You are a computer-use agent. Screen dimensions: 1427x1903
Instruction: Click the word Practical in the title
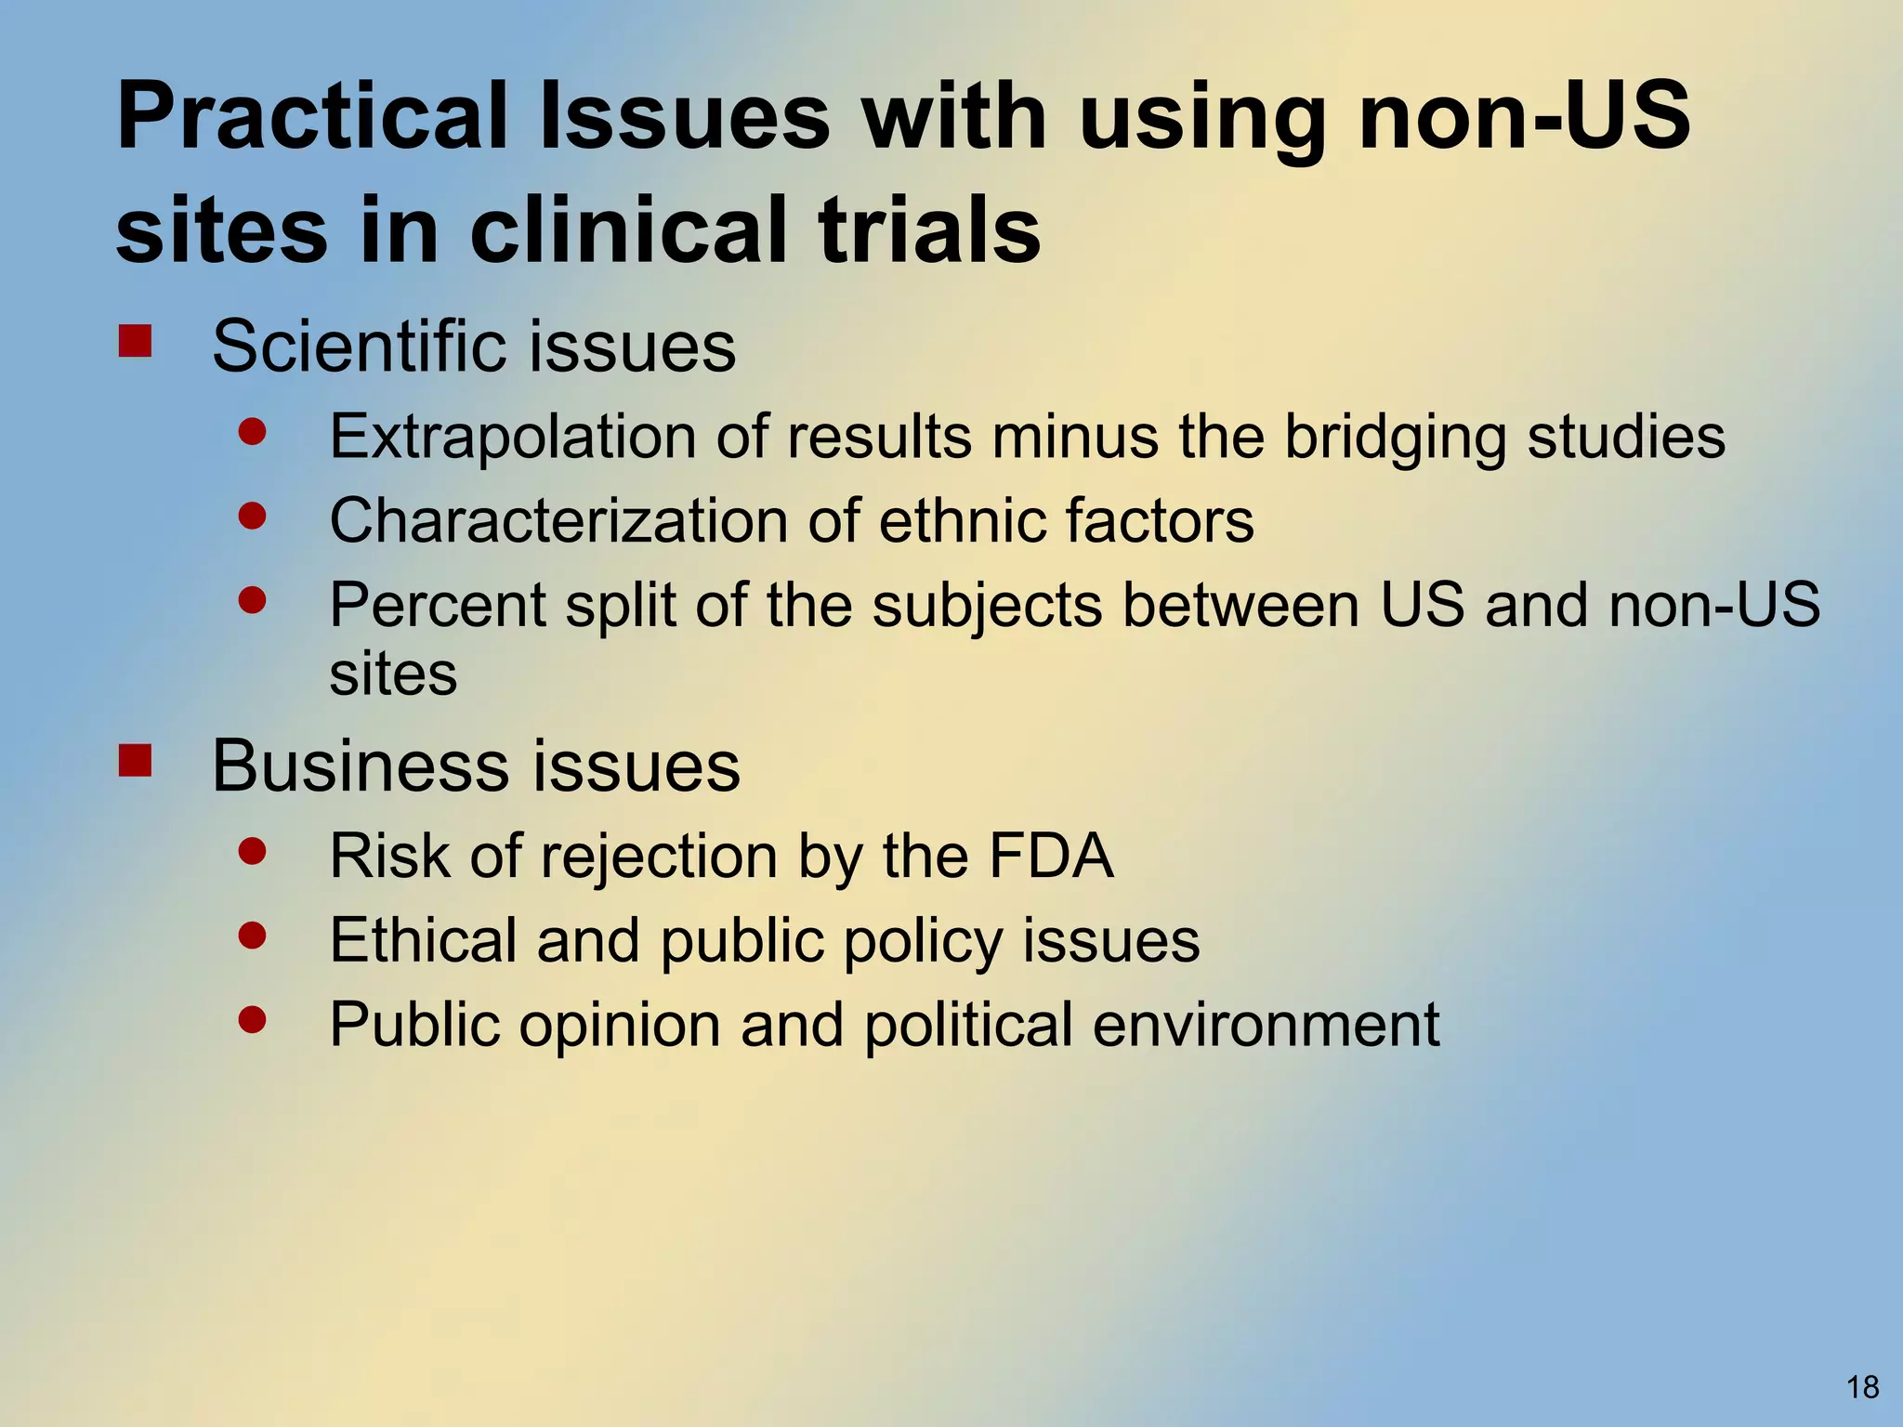(x=311, y=118)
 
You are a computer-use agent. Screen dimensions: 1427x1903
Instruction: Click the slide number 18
(x=1862, y=1387)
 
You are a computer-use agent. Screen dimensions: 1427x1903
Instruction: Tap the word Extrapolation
(x=512, y=436)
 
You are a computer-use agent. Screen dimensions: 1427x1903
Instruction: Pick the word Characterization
(x=558, y=520)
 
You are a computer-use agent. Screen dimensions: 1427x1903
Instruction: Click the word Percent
(x=437, y=605)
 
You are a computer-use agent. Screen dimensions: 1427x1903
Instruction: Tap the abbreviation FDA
(x=1050, y=856)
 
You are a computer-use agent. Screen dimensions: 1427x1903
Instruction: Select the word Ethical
(x=423, y=940)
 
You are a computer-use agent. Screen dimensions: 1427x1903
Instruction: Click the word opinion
(x=619, y=1025)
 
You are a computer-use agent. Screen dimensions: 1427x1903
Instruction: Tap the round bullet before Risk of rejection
(x=252, y=850)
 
